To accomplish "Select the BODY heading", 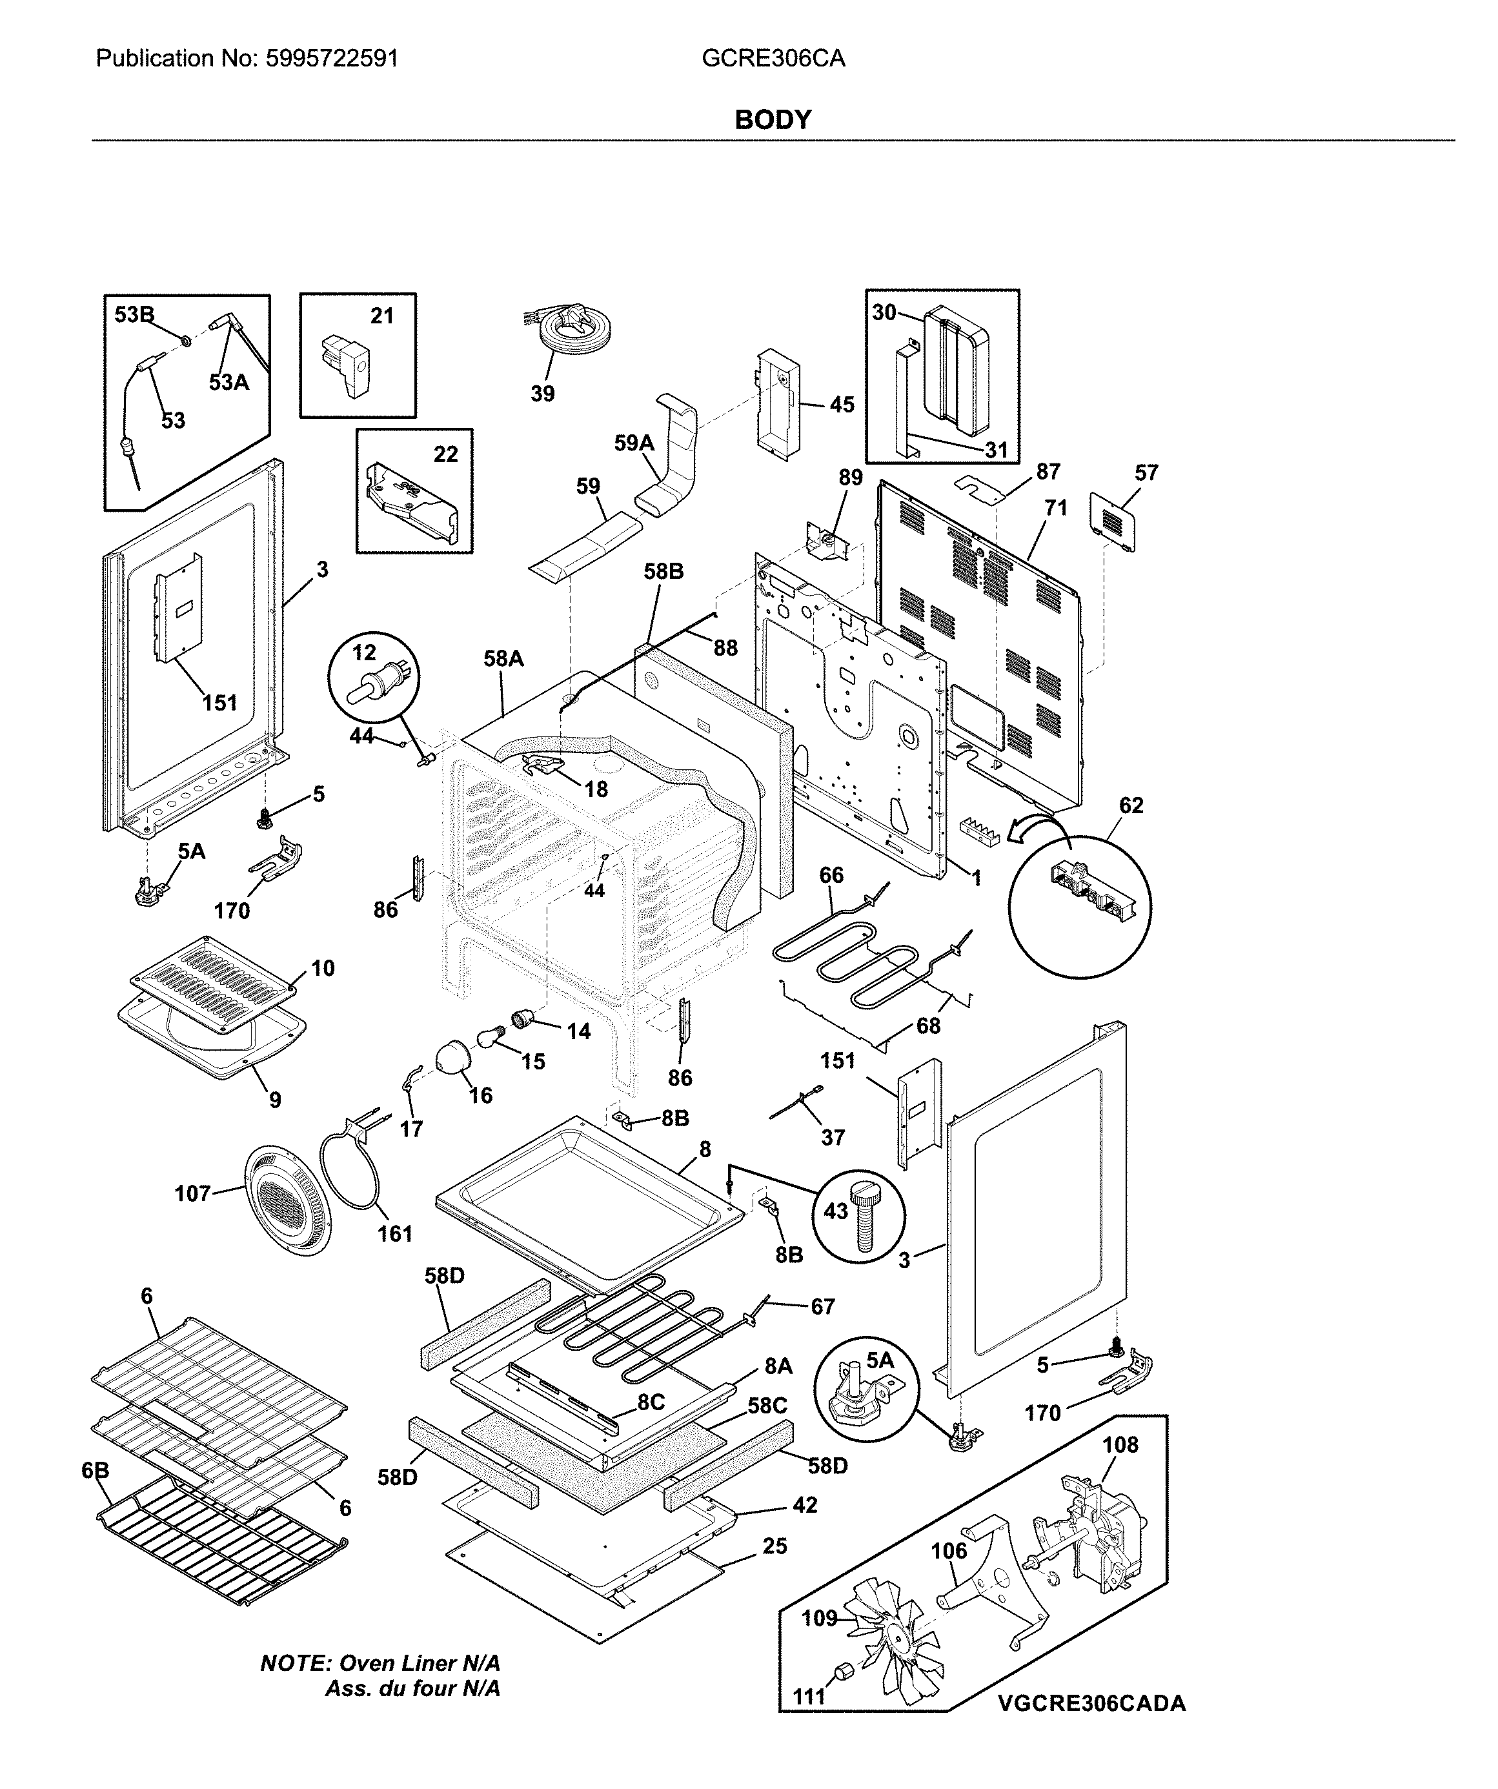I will (773, 120).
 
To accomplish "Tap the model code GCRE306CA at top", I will (773, 58).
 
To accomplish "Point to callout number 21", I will (381, 316).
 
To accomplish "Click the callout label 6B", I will (96, 1471).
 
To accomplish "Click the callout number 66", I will (832, 875).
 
